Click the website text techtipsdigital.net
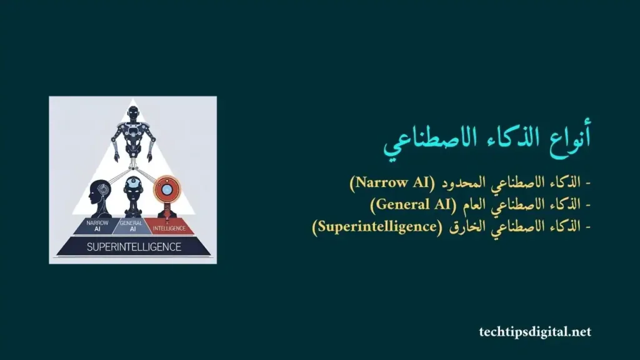coord(535,332)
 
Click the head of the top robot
coord(132,114)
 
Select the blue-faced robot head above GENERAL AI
coord(132,188)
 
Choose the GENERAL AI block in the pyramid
coord(131,226)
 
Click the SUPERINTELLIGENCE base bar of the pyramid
coord(134,246)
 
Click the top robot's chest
coord(132,132)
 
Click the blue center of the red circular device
coord(166,187)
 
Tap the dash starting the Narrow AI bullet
coord(587,184)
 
